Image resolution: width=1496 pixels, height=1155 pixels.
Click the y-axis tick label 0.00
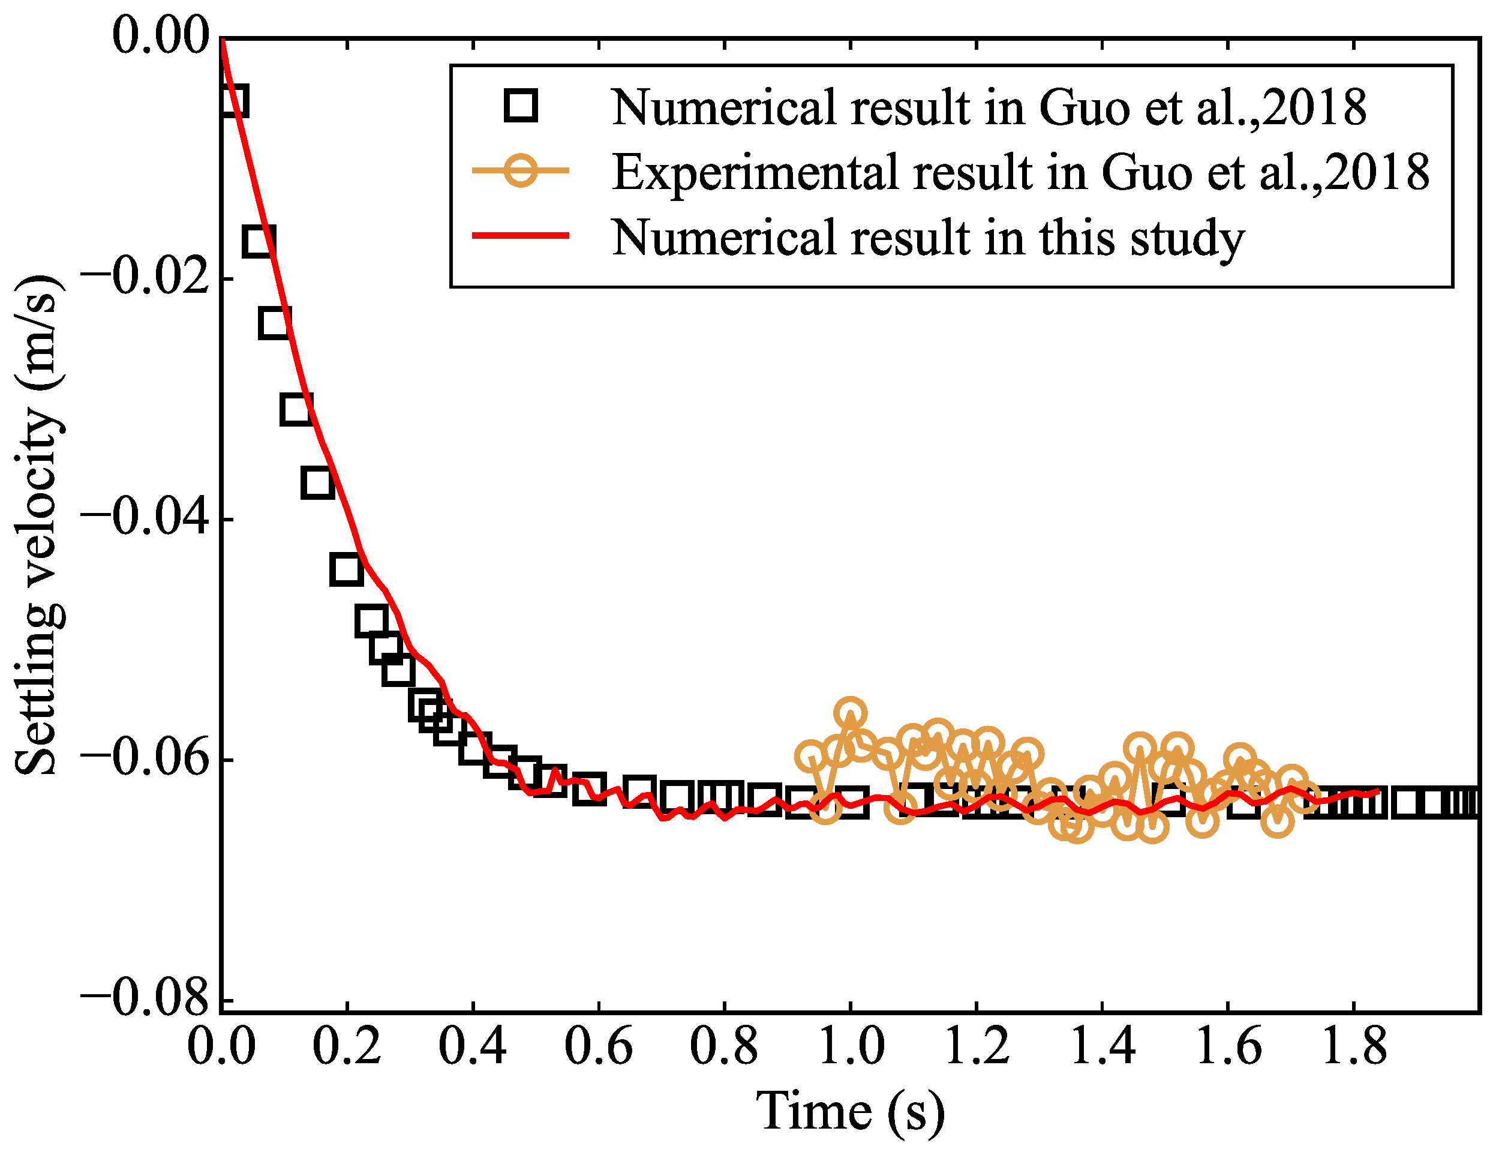tap(160, 35)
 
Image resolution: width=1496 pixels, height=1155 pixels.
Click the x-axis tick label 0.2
tap(347, 1047)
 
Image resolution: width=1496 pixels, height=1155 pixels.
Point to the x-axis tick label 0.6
tap(598, 1047)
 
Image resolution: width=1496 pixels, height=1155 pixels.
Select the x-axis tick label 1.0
tap(850, 1047)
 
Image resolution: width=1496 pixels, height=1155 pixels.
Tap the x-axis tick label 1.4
tap(1101, 1047)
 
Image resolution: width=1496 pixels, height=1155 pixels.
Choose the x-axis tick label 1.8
tap(1353, 1047)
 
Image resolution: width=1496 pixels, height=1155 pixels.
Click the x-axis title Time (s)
tap(850, 1112)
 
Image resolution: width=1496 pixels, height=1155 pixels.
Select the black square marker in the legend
tap(521, 106)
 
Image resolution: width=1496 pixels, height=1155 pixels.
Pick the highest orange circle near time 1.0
tap(850, 714)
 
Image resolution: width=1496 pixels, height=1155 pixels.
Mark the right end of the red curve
tap(1377, 791)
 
